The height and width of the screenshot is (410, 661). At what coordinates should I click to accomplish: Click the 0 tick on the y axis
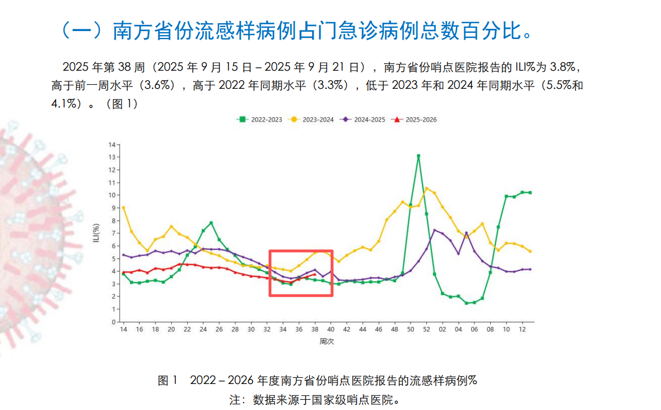pyautogui.click(x=114, y=322)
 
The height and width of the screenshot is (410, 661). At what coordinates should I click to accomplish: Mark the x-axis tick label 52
pyautogui.click(x=426, y=329)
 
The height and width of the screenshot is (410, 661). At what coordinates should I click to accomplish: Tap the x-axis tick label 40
pyautogui.click(x=331, y=329)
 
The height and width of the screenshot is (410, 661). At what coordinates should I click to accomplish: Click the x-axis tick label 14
pyautogui.click(x=123, y=329)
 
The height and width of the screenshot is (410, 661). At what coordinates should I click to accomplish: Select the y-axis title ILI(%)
pyautogui.click(x=97, y=234)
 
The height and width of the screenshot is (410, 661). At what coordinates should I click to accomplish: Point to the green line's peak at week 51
pyautogui.click(x=418, y=156)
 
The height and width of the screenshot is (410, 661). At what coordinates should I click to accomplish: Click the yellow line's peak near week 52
pyautogui.click(x=426, y=188)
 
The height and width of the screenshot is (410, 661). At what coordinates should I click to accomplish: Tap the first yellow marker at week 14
pyautogui.click(x=123, y=208)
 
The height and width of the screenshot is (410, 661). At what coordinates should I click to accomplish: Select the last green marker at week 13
pyautogui.click(x=530, y=193)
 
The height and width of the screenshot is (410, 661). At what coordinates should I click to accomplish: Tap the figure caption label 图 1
pyautogui.click(x=168, y=379)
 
